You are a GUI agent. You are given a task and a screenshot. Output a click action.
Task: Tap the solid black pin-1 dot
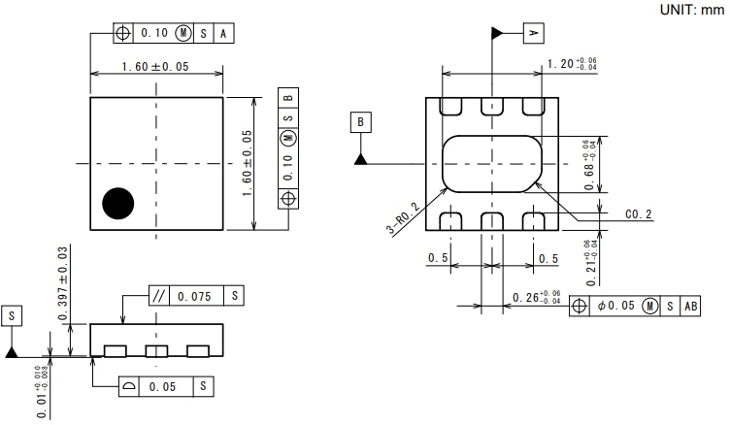pos(118,202)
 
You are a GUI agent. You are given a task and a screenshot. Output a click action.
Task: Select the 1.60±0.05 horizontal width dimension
pos(155,67)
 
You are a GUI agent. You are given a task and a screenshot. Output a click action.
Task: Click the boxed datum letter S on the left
pos(12,316)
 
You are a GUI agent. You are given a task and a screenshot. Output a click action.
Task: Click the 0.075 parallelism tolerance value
pos(196,296)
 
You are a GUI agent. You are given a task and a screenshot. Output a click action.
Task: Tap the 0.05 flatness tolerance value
pos(169,386)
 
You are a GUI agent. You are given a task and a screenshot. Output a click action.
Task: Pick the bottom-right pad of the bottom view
pos(532,221)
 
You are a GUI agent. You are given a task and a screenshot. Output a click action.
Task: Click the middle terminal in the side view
pos(156,350)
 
